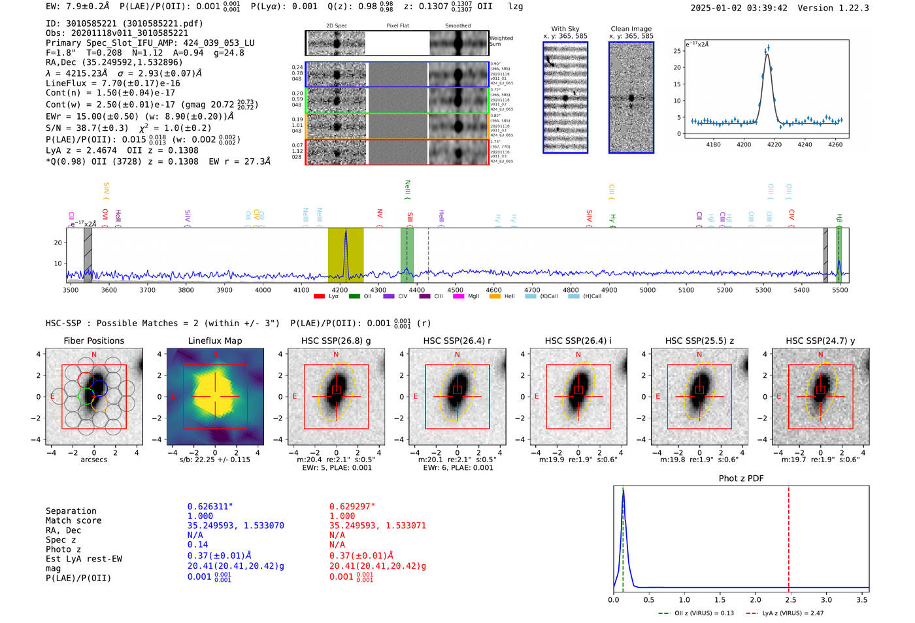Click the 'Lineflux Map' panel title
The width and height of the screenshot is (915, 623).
(x=214, y=341)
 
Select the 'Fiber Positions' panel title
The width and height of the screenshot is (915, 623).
(x=93, y=341)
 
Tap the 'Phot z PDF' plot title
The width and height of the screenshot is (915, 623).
(x=741, y=479)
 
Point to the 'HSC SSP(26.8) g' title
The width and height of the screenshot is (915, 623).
(x=336, y=341)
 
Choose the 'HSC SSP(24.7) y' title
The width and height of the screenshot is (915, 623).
(x=820, y=341)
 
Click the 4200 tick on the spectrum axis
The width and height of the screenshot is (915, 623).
(x=340, y=290)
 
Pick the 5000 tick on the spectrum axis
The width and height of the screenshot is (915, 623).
(x=648, y=290)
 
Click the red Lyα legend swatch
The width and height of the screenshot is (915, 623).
(x=319, y=297)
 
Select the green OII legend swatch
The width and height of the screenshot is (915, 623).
(x=354, y=297)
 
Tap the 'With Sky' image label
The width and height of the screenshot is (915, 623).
(x=565, y=29)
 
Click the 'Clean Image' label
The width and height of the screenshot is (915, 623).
(x=631, y=29)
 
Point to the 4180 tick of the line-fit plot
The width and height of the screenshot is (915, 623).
(x=714, y=144)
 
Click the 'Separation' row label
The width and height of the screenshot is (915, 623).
(x=71, y=511)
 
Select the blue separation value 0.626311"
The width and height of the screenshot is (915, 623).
(x=210, y=507)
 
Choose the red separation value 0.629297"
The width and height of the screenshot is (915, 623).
(x=352, y=507)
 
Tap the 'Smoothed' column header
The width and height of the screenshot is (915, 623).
(x=457, y=26)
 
